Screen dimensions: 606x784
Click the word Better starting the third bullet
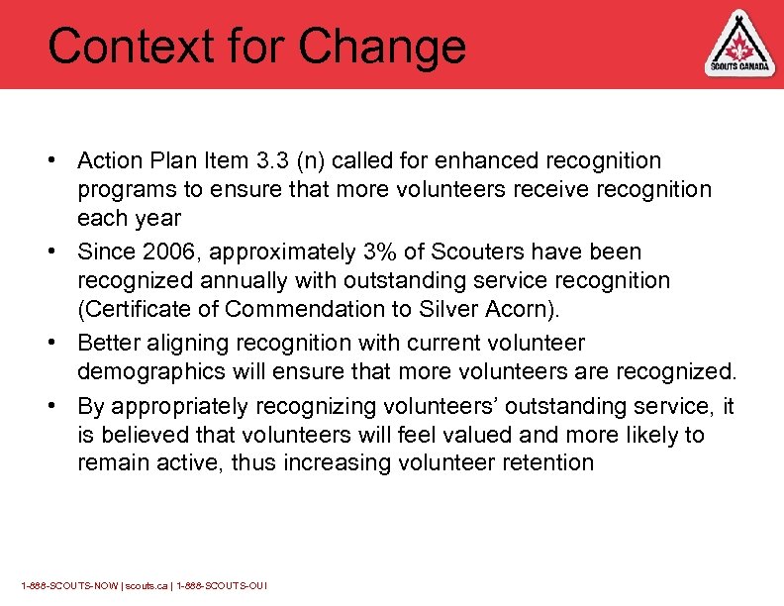point(111,343)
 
